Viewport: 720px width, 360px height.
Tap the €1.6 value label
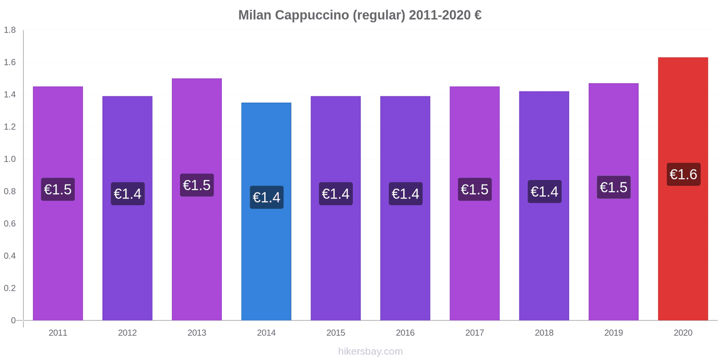tap(683, 175)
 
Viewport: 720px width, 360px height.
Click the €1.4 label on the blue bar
tap(266, 198)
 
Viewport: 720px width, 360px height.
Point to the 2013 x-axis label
tap(197, 333)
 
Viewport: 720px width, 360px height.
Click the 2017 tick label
tap(474, 333)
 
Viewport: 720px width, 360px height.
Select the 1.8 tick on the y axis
tap(10, 30)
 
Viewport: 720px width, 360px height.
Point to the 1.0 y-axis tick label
tap(10, 159)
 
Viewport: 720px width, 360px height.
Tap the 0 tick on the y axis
tap(13, 320)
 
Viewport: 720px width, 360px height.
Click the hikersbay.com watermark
tap(370, 351)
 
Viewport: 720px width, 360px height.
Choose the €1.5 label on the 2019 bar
tap(613, 187)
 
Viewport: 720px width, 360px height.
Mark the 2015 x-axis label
tap(336, 333)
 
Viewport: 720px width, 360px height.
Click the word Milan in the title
tap(255, 15)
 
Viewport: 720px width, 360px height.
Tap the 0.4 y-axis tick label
tap(10, 256)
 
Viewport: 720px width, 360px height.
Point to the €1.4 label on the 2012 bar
tap(127, 194)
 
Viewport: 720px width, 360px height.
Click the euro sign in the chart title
tap(477, 15)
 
